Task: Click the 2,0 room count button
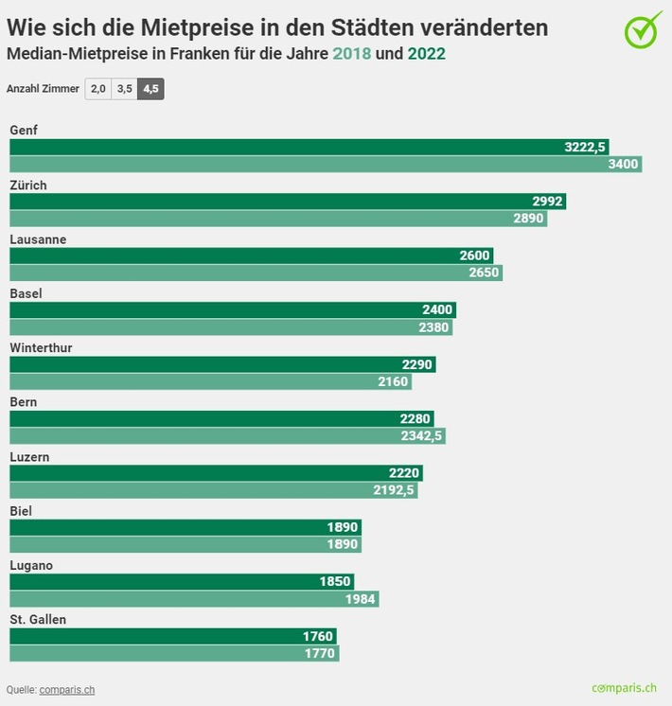(97, 88)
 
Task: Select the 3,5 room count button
(124, 88)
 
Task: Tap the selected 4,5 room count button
(150, 88)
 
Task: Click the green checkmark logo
(644, 29)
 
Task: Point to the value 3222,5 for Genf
(584, 147)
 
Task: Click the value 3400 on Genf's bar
(624, 164)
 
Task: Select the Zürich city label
(28, 185)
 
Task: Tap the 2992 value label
(548, 202)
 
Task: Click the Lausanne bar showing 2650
(256, 273)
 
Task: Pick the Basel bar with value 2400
(232, 310)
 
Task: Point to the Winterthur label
(41, 348)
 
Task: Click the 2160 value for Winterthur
(393, 381)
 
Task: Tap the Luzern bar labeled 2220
(216, 473)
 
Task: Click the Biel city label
(21, 511)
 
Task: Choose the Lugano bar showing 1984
(194, 598)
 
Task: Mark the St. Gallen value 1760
(317, 636)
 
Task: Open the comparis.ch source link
(66, 690)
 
